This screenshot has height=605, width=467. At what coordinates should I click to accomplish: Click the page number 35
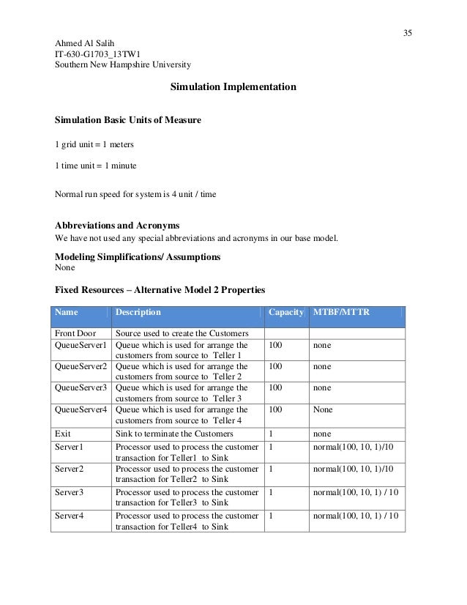pos(407,32)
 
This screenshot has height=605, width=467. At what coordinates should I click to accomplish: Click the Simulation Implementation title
pos(233,86)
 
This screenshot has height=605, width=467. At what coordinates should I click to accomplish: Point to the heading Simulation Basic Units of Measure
pos(128,119)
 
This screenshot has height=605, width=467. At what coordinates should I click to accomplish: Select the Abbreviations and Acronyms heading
pos(118,225)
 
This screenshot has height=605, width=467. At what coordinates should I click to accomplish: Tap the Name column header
pos(67,312)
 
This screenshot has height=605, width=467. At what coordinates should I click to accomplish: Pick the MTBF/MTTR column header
pos(341,312)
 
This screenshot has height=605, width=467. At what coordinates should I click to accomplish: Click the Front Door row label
pos(75,334)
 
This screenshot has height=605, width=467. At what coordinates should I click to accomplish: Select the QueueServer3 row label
pos(81,387)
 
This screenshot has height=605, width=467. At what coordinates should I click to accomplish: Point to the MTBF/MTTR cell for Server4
pos(355,516)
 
